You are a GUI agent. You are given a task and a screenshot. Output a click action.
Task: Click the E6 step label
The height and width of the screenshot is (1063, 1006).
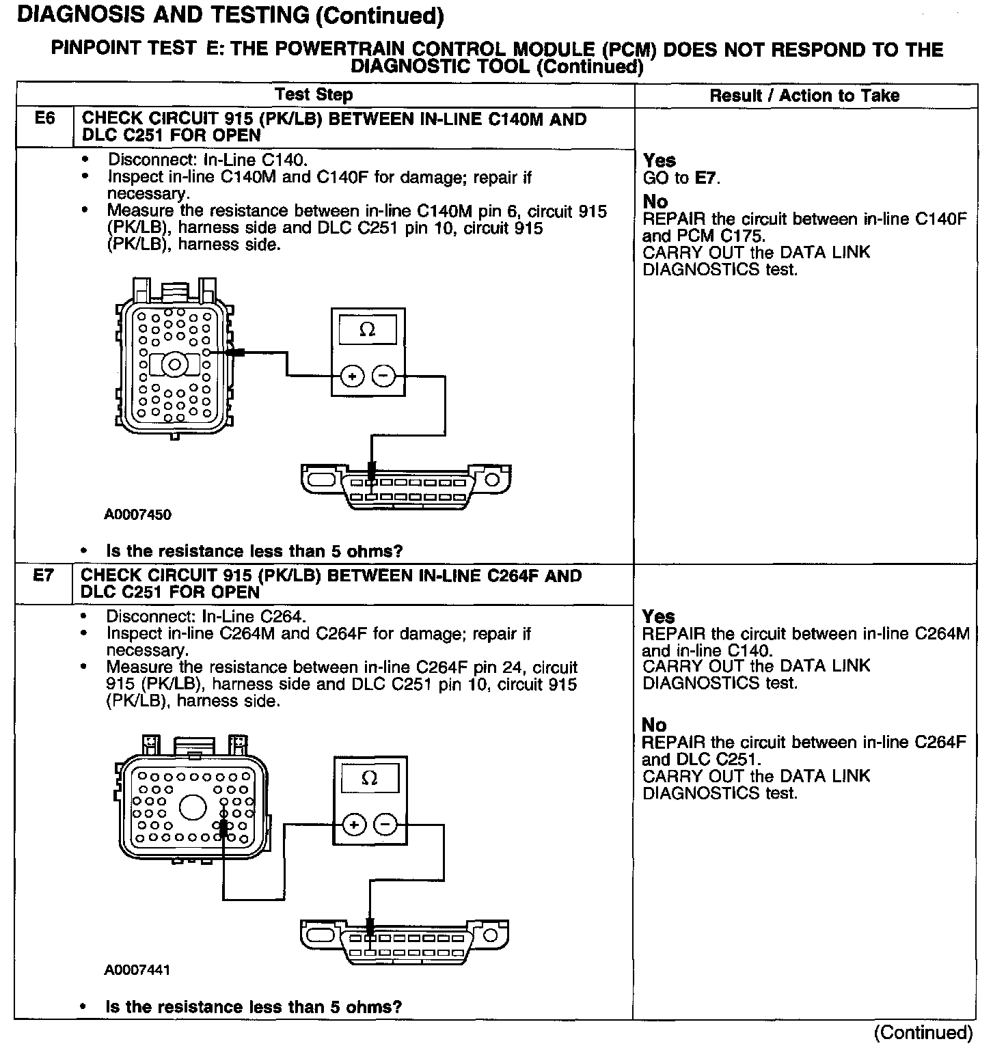click(44, 119)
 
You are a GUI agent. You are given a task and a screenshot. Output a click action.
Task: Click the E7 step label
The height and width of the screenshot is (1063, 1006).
click(43, 575)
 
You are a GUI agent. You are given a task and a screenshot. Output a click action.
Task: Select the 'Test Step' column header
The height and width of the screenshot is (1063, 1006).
click(314, 95)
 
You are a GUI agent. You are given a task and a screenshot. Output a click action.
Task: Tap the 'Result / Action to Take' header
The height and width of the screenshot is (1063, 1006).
click(804, 96)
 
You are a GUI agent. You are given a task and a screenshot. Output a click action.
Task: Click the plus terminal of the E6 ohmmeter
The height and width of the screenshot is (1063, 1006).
click(352, 376)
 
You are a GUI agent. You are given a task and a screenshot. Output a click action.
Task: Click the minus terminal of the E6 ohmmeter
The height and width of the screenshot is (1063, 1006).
click(383, 376)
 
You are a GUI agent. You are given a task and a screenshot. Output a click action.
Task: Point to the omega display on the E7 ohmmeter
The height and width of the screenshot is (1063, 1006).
click(370, 779)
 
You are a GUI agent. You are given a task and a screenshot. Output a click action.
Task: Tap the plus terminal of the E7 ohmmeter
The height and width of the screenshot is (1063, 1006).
click(354, 825)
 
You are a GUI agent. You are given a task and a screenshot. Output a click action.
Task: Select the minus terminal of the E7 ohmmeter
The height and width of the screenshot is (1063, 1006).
click(385, 825)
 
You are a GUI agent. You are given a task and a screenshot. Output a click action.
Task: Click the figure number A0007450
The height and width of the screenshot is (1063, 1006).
click(137, 514)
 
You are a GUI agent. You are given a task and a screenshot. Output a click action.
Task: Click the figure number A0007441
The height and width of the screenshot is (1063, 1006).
click(137, 970)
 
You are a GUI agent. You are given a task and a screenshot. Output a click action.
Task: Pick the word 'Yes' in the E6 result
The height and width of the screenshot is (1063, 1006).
click(659, 161)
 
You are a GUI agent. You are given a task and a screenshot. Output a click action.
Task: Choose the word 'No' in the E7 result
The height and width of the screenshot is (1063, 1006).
click(654, 725)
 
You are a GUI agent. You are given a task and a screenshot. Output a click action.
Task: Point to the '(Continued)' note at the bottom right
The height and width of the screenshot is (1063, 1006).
click(923, 1032)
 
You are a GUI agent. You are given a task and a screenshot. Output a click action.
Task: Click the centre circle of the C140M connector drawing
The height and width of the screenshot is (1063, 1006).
click(175, 365)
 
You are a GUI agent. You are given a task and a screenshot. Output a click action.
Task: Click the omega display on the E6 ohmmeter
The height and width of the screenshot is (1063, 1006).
click(368, 330)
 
